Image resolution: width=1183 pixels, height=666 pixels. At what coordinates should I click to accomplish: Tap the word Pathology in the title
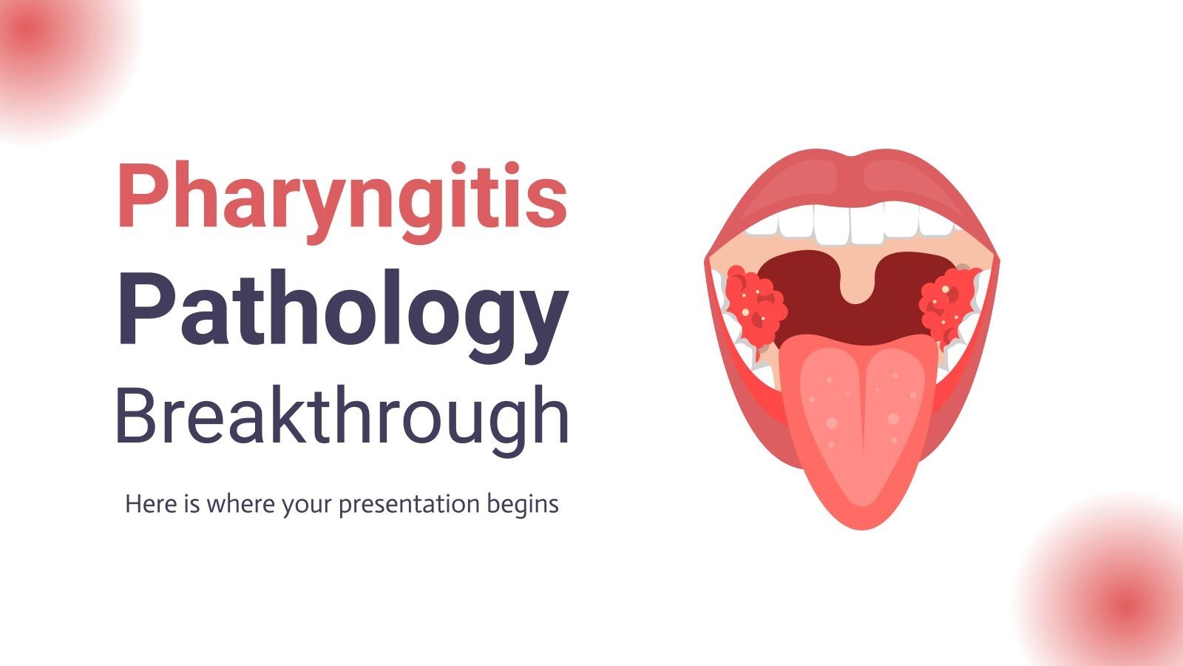click(342, 309)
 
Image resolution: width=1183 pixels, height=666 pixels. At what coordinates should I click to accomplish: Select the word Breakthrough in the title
click(342, 416)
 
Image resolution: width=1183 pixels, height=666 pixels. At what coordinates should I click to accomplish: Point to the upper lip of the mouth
click(850, 178)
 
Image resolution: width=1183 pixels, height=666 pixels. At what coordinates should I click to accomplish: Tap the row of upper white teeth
click(850, 222)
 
